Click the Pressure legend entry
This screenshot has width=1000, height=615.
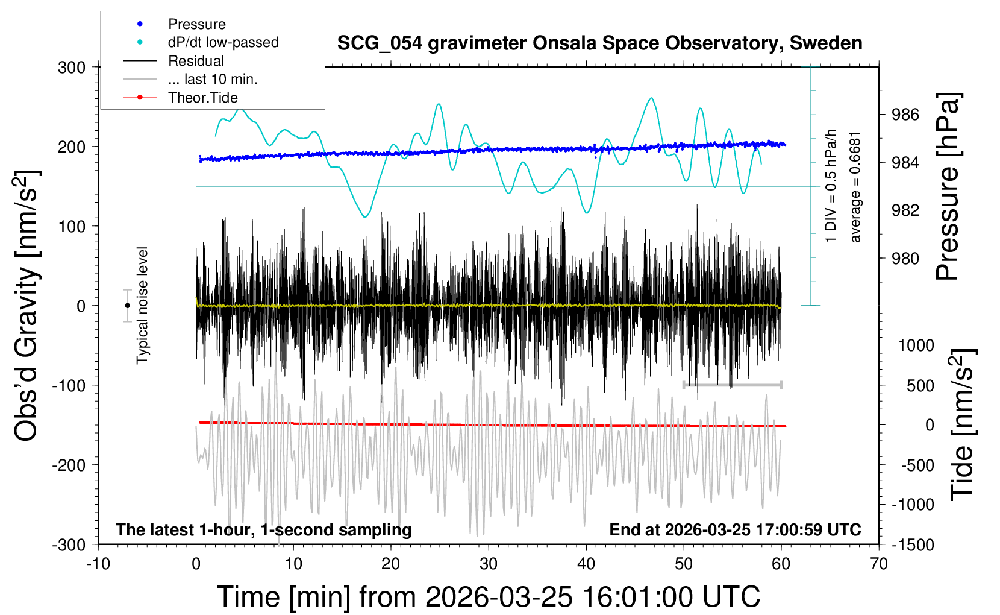[196, 24]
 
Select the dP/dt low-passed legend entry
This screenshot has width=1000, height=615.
[223, 42]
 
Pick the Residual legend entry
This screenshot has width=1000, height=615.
[196, 61]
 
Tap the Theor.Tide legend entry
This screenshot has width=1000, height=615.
[202, 98]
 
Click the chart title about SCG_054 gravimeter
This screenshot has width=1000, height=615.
[599, 43]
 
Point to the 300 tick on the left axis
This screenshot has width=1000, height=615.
[72, 68]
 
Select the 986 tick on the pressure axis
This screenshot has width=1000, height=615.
[905, 115]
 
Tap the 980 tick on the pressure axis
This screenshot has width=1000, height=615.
[905, 258]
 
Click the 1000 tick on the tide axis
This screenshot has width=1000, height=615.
[916, 345]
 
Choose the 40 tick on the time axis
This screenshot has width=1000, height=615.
[586, 564]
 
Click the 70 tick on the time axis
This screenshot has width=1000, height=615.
[879, 564]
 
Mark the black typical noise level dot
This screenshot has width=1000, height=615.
[127, 306]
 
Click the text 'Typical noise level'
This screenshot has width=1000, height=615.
[142, 305]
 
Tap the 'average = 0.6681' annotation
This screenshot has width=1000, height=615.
[855, 187]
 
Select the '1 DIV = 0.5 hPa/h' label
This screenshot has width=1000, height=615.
[831, 186]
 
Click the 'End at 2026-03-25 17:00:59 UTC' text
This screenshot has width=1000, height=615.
[735, 530]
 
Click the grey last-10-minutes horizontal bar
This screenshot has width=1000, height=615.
[732, 385]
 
